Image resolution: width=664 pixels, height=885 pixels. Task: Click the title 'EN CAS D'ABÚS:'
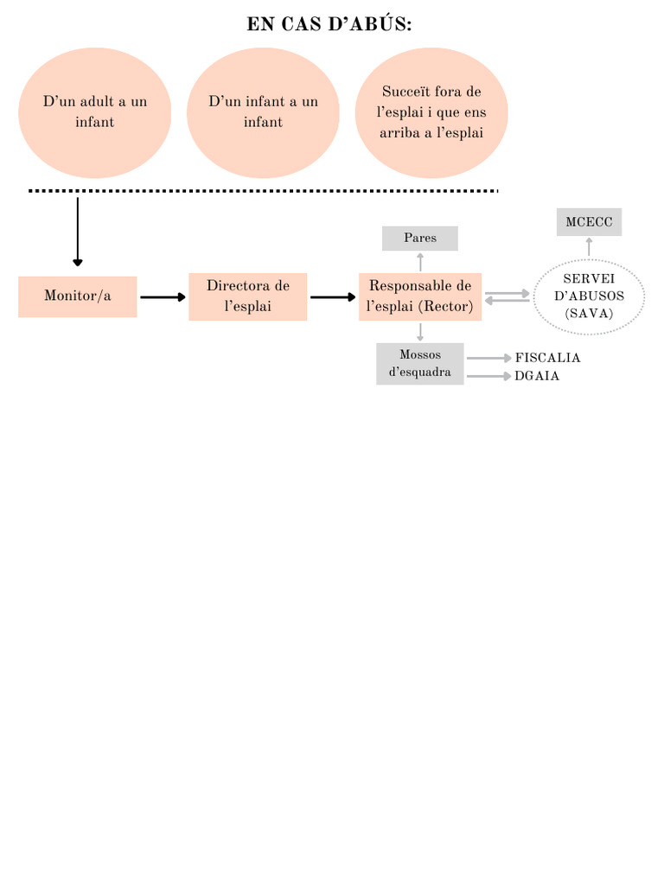pos(329,24)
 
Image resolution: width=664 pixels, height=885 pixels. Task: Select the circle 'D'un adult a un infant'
pos(94,112)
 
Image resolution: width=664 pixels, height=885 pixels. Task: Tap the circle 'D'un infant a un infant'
pos(263,112)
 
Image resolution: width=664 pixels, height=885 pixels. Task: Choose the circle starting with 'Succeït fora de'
pos(431,112)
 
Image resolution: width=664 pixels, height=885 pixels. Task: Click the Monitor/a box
pos(78,296)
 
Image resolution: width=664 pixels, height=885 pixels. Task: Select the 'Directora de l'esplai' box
pos(247,296)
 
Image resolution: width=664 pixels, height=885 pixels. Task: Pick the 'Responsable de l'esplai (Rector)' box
pos(420,296)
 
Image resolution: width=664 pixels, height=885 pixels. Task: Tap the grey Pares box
pos(420,238)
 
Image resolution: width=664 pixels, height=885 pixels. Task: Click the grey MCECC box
pos(589,222)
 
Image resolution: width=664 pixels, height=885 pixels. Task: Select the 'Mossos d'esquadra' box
pos(420,364)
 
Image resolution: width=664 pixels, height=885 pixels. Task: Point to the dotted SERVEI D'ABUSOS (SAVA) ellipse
pos(589,296)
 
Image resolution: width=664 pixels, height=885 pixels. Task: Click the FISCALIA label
pos(547,358)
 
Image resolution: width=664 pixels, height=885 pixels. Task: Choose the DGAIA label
pos(537,376)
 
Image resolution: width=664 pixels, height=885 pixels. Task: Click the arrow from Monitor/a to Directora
pos(163,297)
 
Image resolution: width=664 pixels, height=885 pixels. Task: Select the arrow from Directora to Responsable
pos(333,297)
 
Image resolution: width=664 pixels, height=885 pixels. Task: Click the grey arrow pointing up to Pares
pos(420,262)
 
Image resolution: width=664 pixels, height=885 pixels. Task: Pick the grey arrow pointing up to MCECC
pos(589,247)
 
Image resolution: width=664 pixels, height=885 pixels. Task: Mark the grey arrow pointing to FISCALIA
pos(489,358)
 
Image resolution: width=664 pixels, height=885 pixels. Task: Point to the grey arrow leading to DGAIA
pos(489,376)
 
